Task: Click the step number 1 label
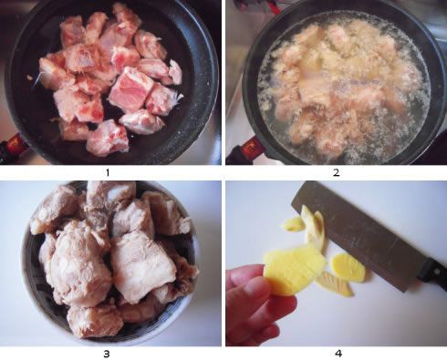108,173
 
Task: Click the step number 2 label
336,173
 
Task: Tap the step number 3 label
107,354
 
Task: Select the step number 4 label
338,354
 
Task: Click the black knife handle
432,272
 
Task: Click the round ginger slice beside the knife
348,267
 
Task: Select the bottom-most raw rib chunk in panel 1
107,139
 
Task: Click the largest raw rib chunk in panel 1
131,88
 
